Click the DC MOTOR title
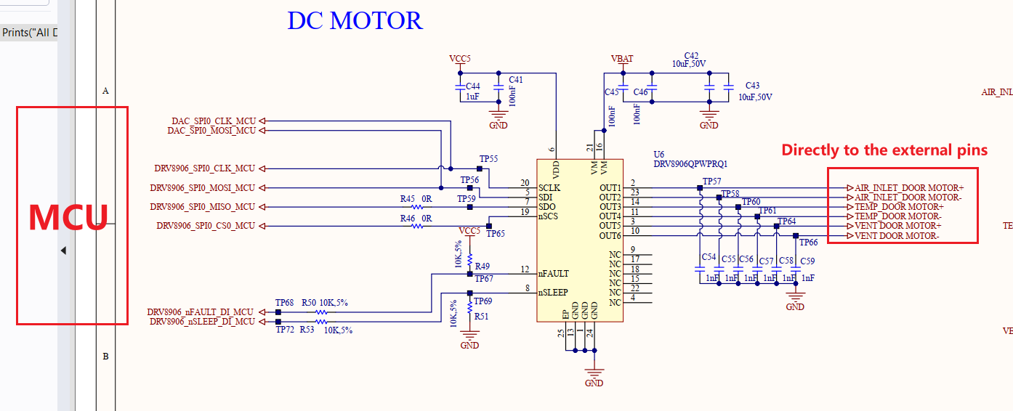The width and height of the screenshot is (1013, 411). [x=355, y=21]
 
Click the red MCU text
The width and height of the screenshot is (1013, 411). [x=68, y=218]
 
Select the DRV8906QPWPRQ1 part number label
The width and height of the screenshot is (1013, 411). [x=690, y=164]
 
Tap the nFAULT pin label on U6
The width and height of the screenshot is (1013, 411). [x=554, y=274]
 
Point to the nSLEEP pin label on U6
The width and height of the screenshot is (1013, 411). [x=553, y=293]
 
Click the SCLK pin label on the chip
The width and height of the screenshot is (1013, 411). [x=549, y=187]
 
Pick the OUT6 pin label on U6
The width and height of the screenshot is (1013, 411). [x=610, y=235]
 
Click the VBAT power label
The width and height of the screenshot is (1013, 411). [x=622, y=59]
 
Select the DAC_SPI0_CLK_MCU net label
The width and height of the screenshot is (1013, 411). [x=214, y=121]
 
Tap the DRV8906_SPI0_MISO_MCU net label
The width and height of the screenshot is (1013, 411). [x=203, y=207]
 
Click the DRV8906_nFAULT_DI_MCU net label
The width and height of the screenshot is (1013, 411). [x=201, y=312]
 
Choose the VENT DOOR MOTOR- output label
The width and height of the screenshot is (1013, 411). [x=897, y=235]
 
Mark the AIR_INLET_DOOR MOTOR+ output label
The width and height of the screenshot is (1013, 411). [x=909, y=187]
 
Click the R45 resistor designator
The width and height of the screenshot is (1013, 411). [x=408, y=199]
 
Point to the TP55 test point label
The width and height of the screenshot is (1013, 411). [x=488, y=159]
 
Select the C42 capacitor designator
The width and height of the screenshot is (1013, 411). [x=691, y=56]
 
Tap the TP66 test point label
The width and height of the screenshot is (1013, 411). [x=809, y=243]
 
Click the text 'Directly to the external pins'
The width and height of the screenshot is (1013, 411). [x=884, y=150]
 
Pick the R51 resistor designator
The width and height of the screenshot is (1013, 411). [x=481, y=317]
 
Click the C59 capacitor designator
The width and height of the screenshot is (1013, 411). [x=807, y=261]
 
